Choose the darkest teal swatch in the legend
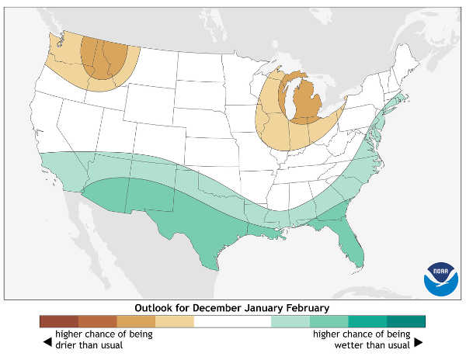click(406, 321)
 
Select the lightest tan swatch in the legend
click(175, 321)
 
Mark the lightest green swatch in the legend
click(290, 321)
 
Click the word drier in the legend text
click(68, 344)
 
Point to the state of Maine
click(407, 66)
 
